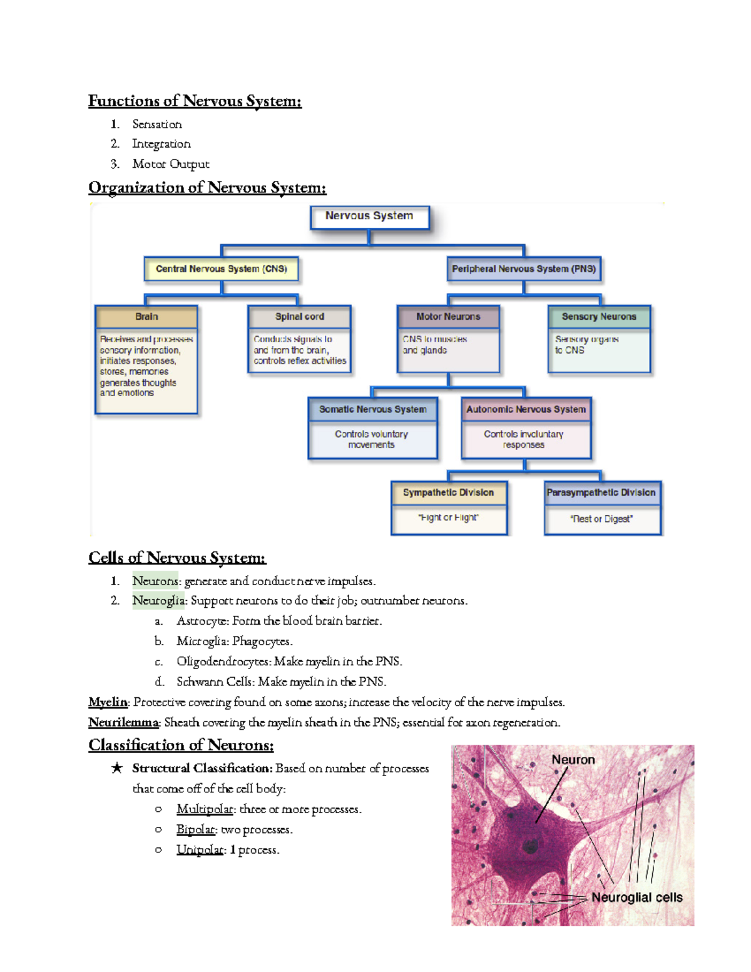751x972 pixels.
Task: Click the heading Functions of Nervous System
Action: click(x=195, y=101)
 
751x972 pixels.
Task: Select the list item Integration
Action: click(x=161, y=144)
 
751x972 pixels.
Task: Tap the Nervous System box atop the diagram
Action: click(x=369, y=216)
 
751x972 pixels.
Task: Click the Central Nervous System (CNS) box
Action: click(x=221, y=269)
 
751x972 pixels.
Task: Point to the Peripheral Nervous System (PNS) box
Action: click(x=523, y=269)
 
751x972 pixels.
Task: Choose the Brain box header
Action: click(x=146, y=317)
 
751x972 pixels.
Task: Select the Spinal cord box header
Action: click(x=299, y=317)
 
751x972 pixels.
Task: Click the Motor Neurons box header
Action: click(x=448, y=317)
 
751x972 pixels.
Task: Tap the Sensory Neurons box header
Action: click(x=598, y=317)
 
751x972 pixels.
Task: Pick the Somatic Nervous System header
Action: click(x=372, y=409)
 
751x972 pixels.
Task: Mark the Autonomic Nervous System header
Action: click(x=526, y=409)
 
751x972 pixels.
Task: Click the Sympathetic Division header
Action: click(x=448, y=493)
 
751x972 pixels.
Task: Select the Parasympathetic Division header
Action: click(x=601, y=493)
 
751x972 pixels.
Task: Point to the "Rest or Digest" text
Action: click(x=601, y=519)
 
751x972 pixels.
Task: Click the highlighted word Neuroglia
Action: click(x=158, y=601)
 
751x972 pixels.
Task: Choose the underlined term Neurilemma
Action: click(x=123, y=722)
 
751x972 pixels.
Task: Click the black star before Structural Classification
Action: click(x=116, y=768)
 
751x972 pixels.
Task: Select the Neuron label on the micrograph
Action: click(x=573, y=760)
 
